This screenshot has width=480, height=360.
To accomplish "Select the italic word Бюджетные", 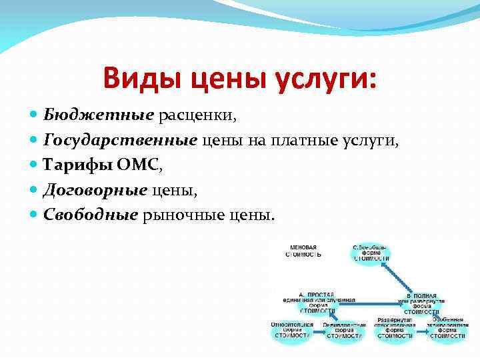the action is point(99,115).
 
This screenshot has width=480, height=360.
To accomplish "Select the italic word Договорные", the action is point(95,191).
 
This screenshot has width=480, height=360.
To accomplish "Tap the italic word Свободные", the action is point(90,215).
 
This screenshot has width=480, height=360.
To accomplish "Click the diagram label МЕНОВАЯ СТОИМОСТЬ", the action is point(303,250).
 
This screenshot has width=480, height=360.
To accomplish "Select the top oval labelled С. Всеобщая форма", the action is point(371,253).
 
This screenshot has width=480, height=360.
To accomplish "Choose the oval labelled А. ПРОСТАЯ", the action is point(319,302).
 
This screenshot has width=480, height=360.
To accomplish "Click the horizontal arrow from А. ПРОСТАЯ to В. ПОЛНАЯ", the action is point(375,303).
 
